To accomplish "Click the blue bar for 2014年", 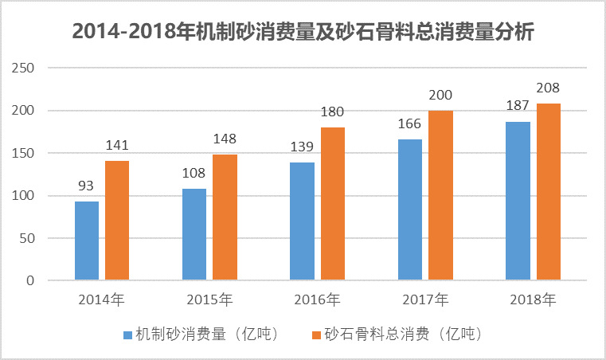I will pyautogui.click(x=87, y=241).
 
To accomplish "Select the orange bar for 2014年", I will pyautogui.click(x=117, y=221).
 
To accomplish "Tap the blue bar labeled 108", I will pyautogui.click(x=194, y=234).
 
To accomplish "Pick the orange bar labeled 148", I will pyautogui.click(x=225, y=217).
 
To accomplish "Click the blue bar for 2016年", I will pyautogui.click(x=302, y=221).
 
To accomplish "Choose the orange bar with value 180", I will pyautogui.click(x=332, y=204).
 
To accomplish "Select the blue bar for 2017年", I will pyautogui.click(x=410, y=210).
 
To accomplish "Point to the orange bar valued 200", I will pyautogui.click(x=440, y=196).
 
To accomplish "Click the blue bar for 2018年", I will pyautogui.click(x=518, y=201).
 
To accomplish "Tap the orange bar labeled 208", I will pyautogui.click(x=548, y=192).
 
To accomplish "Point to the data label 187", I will pyautogui.click(x=518, y=108).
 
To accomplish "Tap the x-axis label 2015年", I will pyautogui.click(x=209, y=300).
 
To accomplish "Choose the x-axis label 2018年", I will pyautogui.click(x=533, y=300).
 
